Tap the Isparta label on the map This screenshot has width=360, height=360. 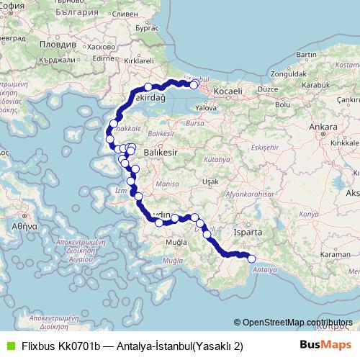pos(247,233)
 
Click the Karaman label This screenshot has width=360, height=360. pos(336,255)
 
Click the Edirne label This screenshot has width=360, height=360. pos(104,58)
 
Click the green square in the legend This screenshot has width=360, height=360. pos(9,346)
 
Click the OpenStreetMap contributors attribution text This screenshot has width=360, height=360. pos(297,323)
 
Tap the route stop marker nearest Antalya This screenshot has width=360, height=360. pos(252,259)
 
